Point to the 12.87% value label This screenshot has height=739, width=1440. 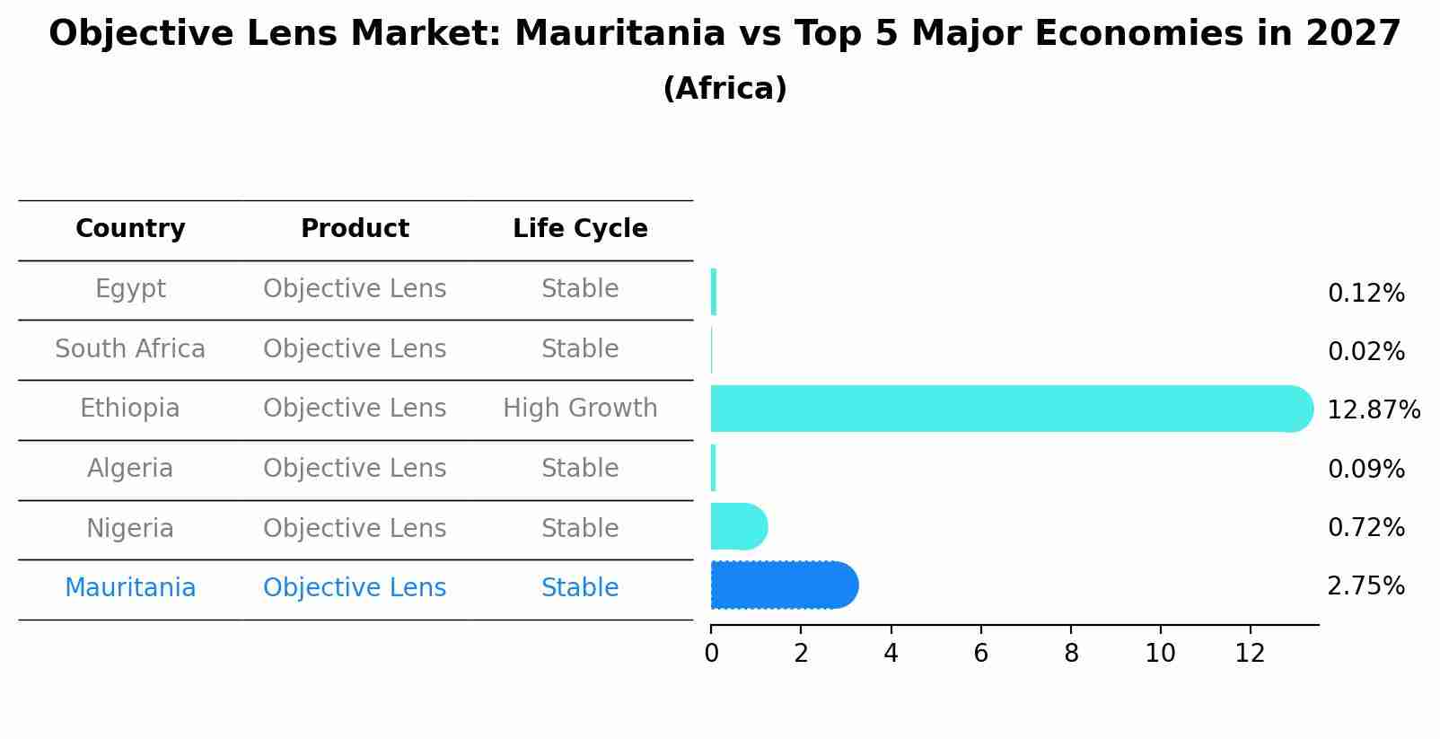1373,410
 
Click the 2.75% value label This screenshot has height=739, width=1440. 1365,586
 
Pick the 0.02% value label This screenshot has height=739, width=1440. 1365,352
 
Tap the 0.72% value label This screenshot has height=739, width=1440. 1365,528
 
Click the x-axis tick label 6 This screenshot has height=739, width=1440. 980,654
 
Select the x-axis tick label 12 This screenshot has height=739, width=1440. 1250,654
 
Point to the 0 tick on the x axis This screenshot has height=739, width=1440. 711,654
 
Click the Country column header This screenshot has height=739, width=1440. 130,229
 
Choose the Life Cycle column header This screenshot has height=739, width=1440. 580,229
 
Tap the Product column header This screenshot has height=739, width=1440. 355,229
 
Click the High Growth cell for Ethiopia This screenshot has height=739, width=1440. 580,409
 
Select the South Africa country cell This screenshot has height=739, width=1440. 130,349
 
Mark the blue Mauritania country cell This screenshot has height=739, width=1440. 130,588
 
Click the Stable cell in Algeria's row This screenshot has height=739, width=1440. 580,469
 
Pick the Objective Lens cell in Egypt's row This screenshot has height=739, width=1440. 355,289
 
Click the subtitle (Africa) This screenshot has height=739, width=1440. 724,89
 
